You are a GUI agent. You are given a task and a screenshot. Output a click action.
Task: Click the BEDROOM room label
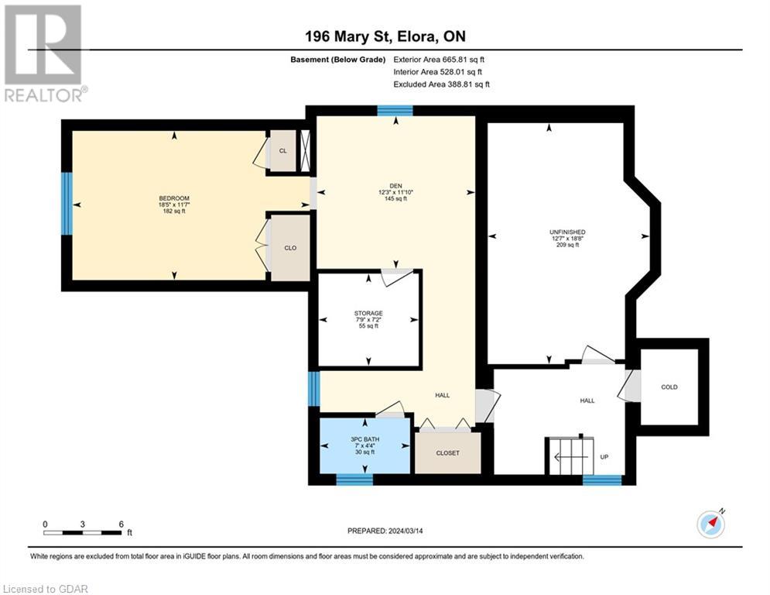tap(174, 198)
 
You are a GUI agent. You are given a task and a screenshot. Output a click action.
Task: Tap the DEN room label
tap(395, 186)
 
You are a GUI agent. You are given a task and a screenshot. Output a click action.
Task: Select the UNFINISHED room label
tap(567, 232)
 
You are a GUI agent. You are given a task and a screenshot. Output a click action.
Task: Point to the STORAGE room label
tap(368, 313)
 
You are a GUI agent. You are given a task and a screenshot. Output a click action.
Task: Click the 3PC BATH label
tap(364, 439)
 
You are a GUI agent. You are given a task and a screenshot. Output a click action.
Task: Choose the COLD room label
tap(669, 387)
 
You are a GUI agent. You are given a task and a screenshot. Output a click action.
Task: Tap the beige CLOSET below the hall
tap(448, 453)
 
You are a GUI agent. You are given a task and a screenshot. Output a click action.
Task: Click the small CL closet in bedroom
tap(283, 151)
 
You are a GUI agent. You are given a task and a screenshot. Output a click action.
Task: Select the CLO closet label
tap(290, 248)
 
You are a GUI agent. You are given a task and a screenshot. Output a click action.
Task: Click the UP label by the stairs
tap(604, 457)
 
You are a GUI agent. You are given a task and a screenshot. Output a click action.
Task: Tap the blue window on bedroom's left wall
tap(67, 204)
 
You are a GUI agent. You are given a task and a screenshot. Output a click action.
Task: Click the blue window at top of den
tap(395, 111)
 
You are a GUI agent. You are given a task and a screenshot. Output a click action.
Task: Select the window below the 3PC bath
tap(354, 480)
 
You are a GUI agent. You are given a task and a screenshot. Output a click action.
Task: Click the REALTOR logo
tap(43, 53)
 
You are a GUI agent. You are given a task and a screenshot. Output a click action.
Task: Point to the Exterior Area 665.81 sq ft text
tap(439, 60)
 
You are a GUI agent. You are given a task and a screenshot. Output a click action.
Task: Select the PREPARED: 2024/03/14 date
tap(385, 531)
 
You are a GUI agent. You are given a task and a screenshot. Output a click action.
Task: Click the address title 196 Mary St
tap(347, 36)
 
